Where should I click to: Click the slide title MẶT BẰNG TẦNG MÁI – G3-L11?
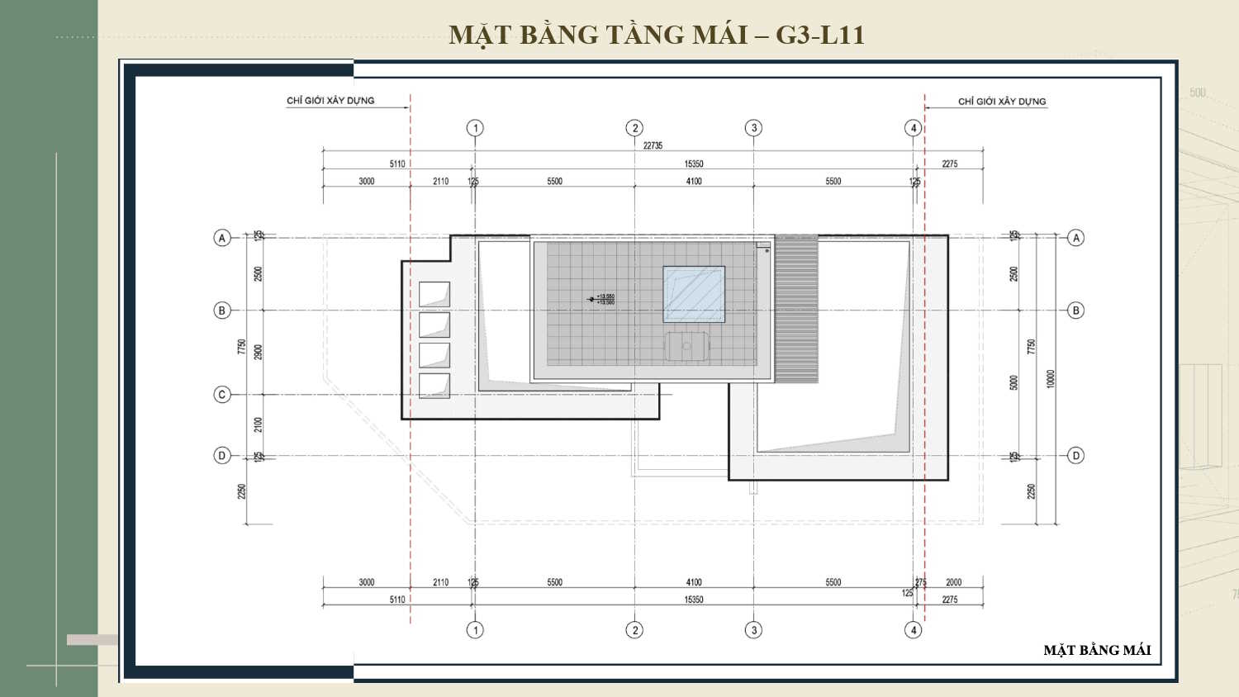[x=657, y=35]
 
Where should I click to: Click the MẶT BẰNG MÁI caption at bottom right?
[x=1096, y=650]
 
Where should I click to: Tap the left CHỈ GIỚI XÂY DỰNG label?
[x=330, y=101]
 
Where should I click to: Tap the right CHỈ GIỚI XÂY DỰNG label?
[x=1001, y=102]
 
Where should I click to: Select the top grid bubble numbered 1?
[x=475, y=128]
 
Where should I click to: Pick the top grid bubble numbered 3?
[x=753, y=128]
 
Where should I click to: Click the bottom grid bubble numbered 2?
[x=634, y=630]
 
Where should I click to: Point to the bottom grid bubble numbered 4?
[x=913, y=630]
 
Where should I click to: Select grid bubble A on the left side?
[x=222, y=238]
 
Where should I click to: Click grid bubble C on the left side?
[x=222, y=395]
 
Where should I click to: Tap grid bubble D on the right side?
[x=1075, y=455]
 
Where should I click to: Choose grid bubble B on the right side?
[x=1075, y=311]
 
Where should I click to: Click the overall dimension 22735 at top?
[x=653, y=145]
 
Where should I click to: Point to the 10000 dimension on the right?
[x=1051, y=379]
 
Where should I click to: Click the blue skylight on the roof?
[x=694, y=294]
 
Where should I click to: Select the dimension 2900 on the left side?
[x=259, y=352]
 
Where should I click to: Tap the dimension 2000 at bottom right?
[x=953, y=582]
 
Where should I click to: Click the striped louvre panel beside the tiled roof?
[x=796, y=309]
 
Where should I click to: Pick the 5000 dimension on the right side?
[x=1014, y=382]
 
